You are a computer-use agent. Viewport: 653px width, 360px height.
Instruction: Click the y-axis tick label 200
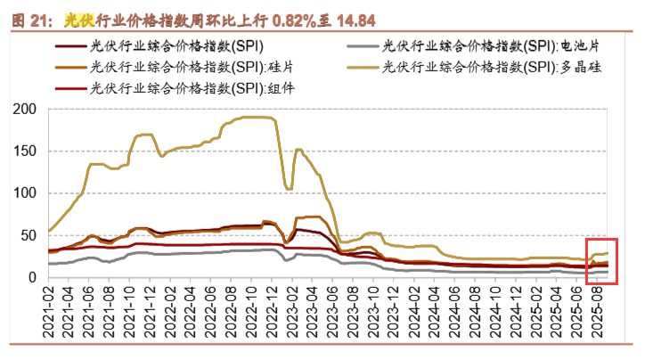click(x=25, y=109)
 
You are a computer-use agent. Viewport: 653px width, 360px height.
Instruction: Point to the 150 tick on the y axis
click(x=25, y=151)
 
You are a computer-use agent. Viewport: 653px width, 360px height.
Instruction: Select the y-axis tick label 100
click(x=25, y=192)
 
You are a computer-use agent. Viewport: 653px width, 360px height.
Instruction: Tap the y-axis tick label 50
click(x=29, y=234)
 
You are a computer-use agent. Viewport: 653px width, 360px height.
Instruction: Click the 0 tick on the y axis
click(x=32, y=277)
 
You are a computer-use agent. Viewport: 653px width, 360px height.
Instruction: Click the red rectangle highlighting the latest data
click(x=601, y=261)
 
